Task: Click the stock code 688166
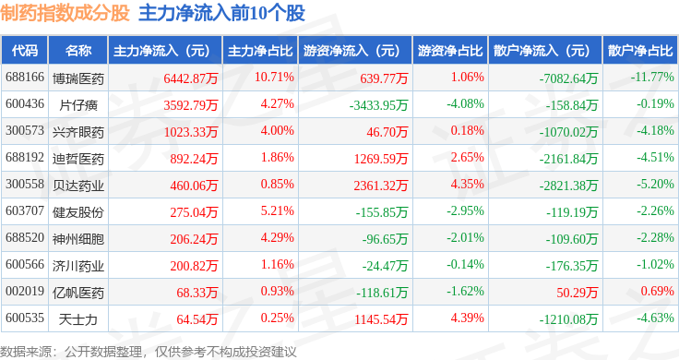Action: [25, 78]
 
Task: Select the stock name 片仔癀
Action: [78, 105]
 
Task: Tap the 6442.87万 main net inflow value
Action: [191, 78]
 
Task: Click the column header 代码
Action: [25, 51]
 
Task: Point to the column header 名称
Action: [78, 51]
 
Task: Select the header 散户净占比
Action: [640, 51]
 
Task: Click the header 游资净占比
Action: [450, 51]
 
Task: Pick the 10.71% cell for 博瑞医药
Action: [274, 78]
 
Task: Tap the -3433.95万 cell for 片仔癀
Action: [379, 105]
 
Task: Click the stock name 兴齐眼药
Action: [78, 132]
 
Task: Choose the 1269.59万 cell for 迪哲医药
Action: [381, 159]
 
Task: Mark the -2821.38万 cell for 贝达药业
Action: [568, 186]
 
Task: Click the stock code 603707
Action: [25, 211]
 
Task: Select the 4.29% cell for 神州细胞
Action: [277, 238]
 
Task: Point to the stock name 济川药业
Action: [78, 266]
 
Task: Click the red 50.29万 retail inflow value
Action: [578, 293]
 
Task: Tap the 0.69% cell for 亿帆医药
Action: [658, 291]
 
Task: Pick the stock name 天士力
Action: [78, 319]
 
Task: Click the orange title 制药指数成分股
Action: [65, 13]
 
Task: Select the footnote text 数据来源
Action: [26, 352]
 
